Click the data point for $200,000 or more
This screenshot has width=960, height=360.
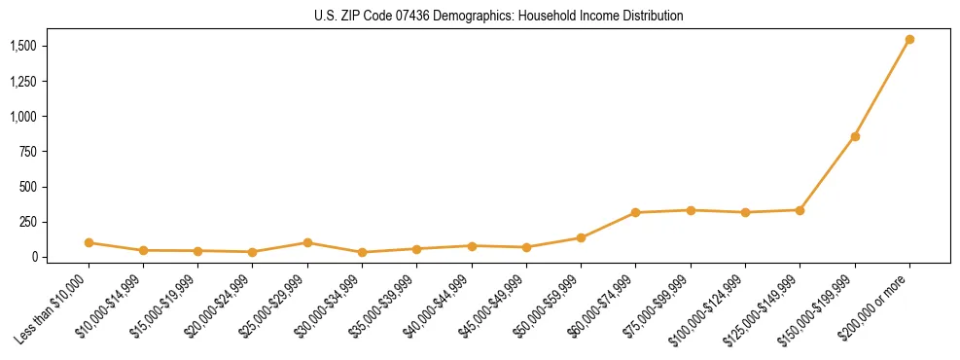coord(909,40)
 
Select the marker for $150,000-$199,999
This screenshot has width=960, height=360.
coord(855,136)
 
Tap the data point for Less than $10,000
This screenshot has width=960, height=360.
coord(89,242)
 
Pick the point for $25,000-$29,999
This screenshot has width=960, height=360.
coord(307,242)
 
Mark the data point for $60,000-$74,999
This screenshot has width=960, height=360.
coord(635,212)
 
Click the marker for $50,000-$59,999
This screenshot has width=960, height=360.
coord(581,237)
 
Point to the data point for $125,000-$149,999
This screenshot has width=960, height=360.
coord(800,209)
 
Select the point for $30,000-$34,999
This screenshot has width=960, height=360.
coord(362,252)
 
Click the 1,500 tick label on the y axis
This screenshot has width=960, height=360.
coord(23,46)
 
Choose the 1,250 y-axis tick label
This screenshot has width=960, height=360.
coord(23,81)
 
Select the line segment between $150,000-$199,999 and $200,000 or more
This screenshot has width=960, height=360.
coord(882,88)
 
